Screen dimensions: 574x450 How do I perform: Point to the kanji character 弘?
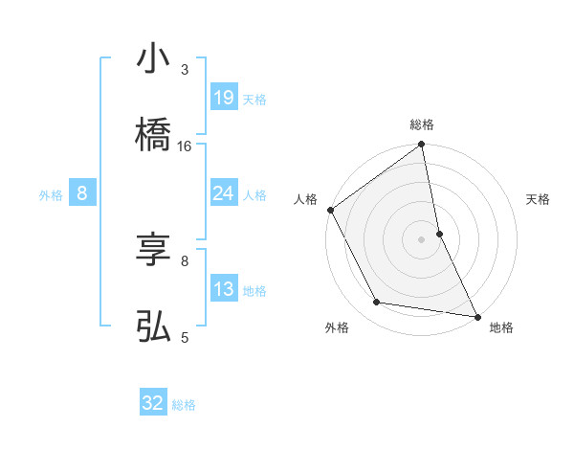(x=153, y=326)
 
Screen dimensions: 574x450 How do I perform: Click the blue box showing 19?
(x=224, y=98)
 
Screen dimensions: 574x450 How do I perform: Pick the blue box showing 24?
(x=224, y=193)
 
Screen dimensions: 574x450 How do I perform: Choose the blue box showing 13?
(x=224, y=289)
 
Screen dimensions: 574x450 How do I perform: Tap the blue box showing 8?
(x=81, y=193)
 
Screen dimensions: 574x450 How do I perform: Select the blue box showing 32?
(x=153, y=403)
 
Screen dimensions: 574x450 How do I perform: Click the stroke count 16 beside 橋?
(x=185, y=146)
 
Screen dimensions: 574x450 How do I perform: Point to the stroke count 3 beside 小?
(x=185, y=70)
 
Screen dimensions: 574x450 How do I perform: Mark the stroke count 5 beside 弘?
(x=185, y=337)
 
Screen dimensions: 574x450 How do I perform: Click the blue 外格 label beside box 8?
(x=51, y=194)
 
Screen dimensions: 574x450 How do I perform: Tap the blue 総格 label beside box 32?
(x=184, y=404)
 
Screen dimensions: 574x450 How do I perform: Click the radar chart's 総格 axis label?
(x=422, y=124)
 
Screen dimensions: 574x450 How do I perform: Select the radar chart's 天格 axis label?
(x=539, y=199)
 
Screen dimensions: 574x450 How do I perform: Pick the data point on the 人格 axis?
(x=330, y=210)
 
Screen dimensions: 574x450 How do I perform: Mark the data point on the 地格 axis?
(x=477, y=316)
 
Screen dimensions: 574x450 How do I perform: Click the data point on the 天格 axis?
(x=439, y=234)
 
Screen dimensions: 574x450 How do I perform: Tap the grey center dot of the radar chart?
(x=422, y=239)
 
